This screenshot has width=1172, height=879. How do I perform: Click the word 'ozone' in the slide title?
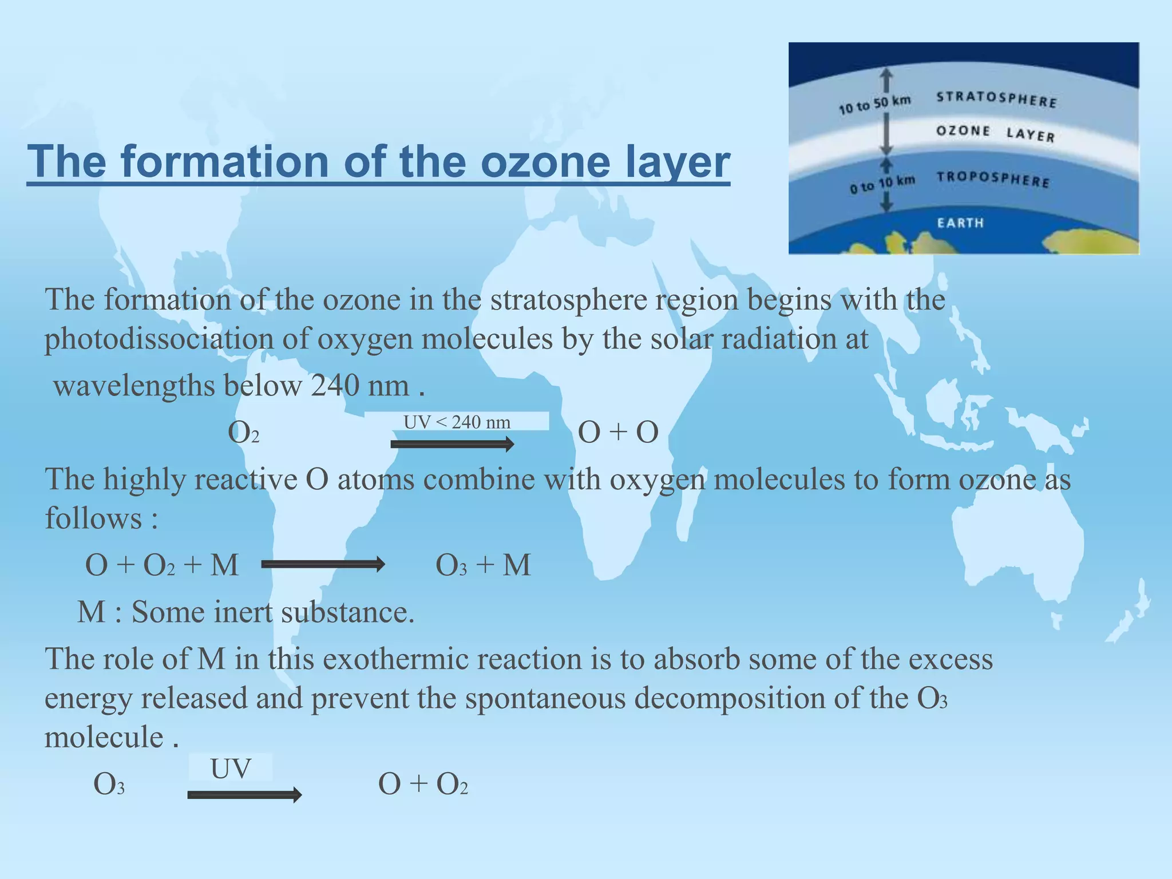click(x=546, y=163)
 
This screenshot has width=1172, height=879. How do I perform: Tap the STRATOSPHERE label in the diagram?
click(x=996, y=99)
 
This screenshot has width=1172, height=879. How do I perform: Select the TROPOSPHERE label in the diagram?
click(x=993, y=179)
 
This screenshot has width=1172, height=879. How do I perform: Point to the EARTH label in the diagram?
click(x=960, y=223)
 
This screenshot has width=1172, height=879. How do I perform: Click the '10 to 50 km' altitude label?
click(x=874, y=105)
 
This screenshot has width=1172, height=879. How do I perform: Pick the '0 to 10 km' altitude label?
click(x=882, y=184)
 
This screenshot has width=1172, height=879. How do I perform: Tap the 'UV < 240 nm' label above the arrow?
click(x=457, y=422)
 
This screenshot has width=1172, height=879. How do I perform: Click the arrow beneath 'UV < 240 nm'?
click(x=452, y=444)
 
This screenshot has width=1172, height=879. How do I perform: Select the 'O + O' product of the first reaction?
click(x=618, y=433)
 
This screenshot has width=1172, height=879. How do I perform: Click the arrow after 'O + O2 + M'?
click(x=323, y=565)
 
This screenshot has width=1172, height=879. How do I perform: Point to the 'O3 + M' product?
click(x=483, y=565)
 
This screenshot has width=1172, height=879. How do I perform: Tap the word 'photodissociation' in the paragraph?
click(x=159, y=339)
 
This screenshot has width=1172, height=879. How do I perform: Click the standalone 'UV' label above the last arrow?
click(x=231, y=769)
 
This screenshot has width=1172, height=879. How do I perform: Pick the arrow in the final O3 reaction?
click(x=244, y=795)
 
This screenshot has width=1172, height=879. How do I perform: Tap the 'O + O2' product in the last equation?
click(x=423, y=785)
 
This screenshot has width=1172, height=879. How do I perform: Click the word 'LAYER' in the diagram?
click(x=1030, y=134)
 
